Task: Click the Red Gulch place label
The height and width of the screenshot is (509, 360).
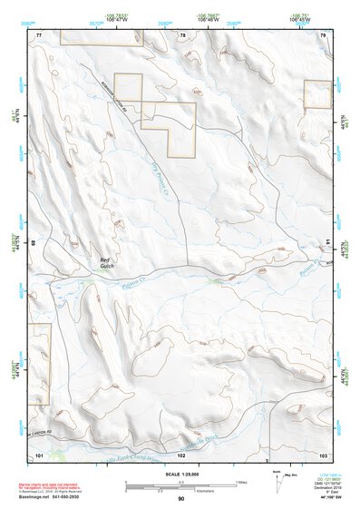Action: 106,262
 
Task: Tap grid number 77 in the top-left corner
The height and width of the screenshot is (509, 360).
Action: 39,34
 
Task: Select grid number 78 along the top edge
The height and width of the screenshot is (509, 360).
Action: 182,34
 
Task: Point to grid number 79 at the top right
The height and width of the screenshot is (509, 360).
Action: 324,34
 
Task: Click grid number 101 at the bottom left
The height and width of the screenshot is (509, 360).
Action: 39,453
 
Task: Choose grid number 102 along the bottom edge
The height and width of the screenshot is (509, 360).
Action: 182,453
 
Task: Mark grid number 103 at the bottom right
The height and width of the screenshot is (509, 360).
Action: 324,453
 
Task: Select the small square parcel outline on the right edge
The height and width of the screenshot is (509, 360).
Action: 317,94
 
